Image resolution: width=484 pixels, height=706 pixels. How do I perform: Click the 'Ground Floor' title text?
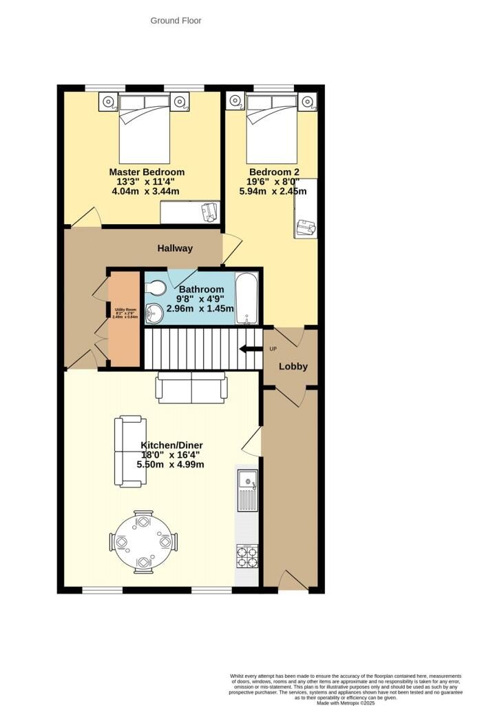pyautogui.click(x=176, y=21)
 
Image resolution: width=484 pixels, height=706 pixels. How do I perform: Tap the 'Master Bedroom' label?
pyautogui.click(x=147, y=172)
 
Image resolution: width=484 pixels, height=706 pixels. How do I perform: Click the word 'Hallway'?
pyautogui.click(x=175, y=248)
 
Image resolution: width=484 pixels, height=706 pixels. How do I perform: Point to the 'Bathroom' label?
pyautogui.click(x=201, y=289)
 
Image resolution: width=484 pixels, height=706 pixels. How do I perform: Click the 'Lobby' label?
pyautogui.click(x=293, y=366)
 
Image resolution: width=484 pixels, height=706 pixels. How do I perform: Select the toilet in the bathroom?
pyautogui.click(x=156, y=287)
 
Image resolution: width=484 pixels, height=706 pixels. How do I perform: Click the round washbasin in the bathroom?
pyautogui.click(x=153, y=314)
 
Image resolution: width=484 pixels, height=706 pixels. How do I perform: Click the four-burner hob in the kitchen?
pyautogui.click(x=246, y=555)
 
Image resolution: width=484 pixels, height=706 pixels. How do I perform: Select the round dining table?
pyautogui.click(x=144, y=541)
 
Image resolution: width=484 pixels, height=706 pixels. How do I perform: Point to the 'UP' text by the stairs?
pyautogui.click(x=273, y=348)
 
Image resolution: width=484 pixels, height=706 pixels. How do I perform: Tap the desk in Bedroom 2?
pyautogui.click(x=306, y=208)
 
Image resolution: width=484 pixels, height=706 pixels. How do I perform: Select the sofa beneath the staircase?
pyautogui.click(x=191, y=387)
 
